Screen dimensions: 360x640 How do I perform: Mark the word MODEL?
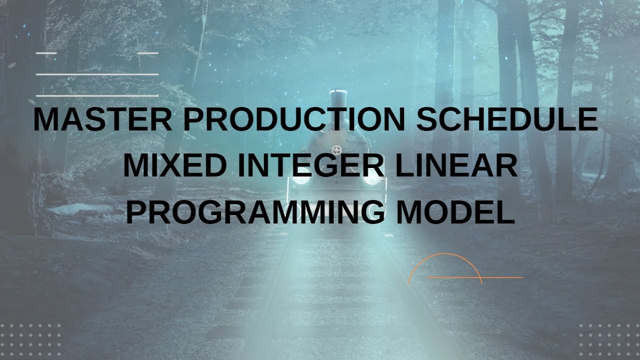(x=455, y=212)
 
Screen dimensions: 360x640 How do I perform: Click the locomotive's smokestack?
(x=339, y=97)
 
